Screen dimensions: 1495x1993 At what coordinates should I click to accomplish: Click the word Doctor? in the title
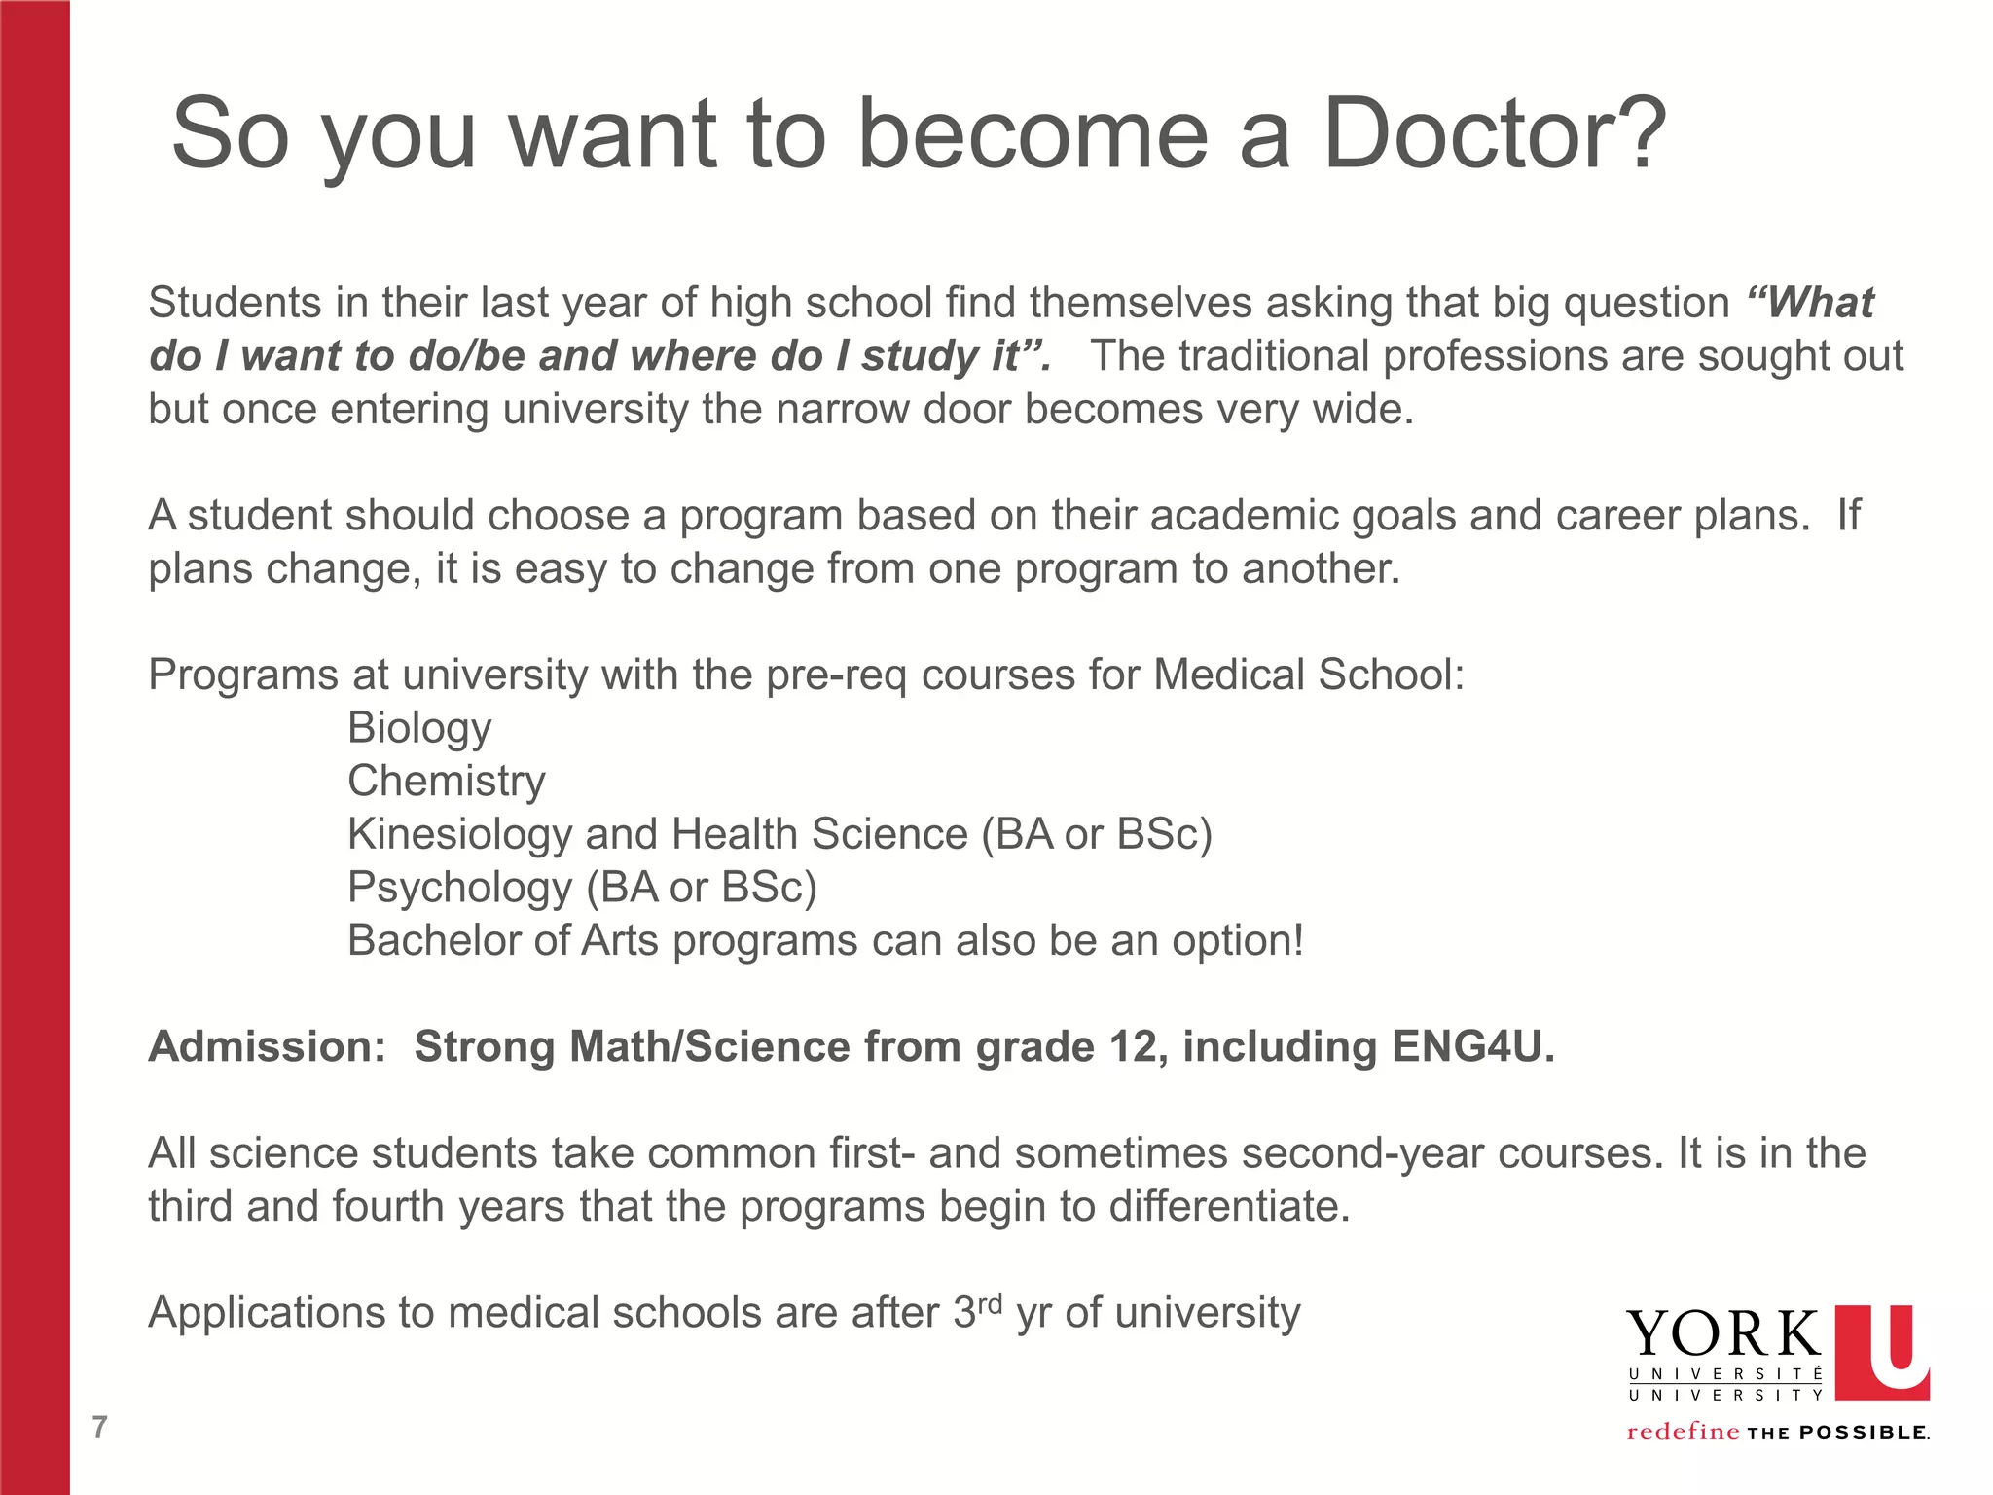[1495, 134]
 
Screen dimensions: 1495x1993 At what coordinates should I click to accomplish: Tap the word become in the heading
[1033, 134]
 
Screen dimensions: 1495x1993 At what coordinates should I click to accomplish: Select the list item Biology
[419, 728]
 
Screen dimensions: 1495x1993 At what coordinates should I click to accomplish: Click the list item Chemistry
[447, 781]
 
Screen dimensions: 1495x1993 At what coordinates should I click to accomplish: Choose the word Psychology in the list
[460, 888]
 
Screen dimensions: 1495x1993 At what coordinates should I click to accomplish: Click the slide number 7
[99, 1427]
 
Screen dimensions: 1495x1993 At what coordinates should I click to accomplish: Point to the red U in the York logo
[1882, 1352]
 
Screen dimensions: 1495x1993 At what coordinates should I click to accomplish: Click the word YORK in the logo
[1723, 1334]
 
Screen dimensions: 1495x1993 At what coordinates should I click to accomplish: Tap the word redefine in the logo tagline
[1683, 1432]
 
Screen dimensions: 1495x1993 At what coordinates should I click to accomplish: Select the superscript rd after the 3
[990, 1303]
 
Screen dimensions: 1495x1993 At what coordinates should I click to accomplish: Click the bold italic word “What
[1810, 303]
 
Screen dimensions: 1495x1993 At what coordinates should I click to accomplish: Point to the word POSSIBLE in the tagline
[1864, 1433]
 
